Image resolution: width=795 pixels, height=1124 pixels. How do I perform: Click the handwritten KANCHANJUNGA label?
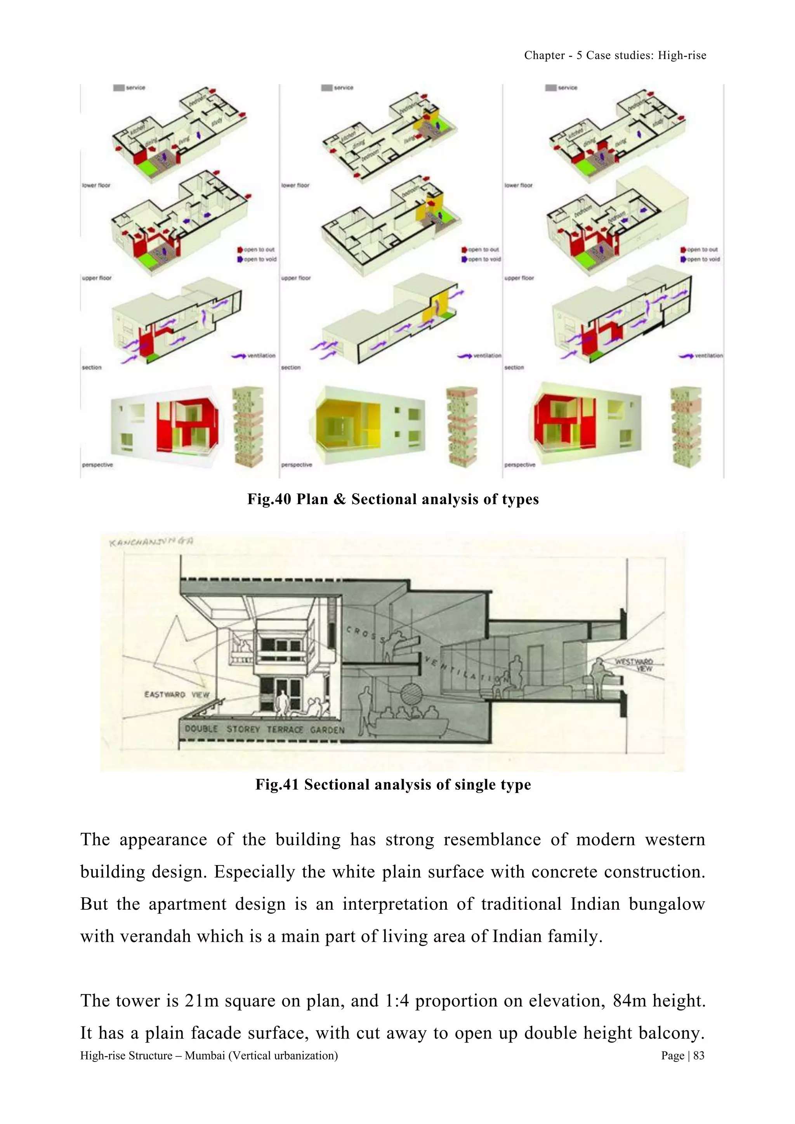point(151,541)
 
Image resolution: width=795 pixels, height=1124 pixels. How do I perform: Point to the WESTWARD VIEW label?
point(634,665)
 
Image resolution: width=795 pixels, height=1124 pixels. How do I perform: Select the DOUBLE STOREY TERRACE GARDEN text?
point(264,729)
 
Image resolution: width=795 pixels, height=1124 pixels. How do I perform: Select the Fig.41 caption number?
point(277,784)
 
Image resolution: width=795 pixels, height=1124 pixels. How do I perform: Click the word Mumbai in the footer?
point(205,1055)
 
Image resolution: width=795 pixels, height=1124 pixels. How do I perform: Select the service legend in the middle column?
point(337,88)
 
